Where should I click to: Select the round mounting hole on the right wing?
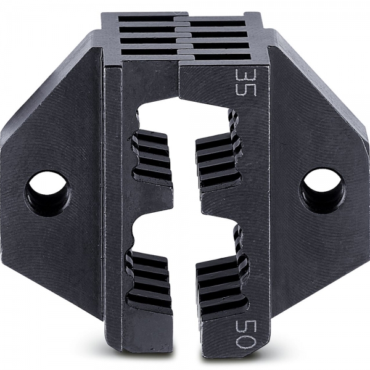(x=322, y=190)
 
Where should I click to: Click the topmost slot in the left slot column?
(x=147, y=18)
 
